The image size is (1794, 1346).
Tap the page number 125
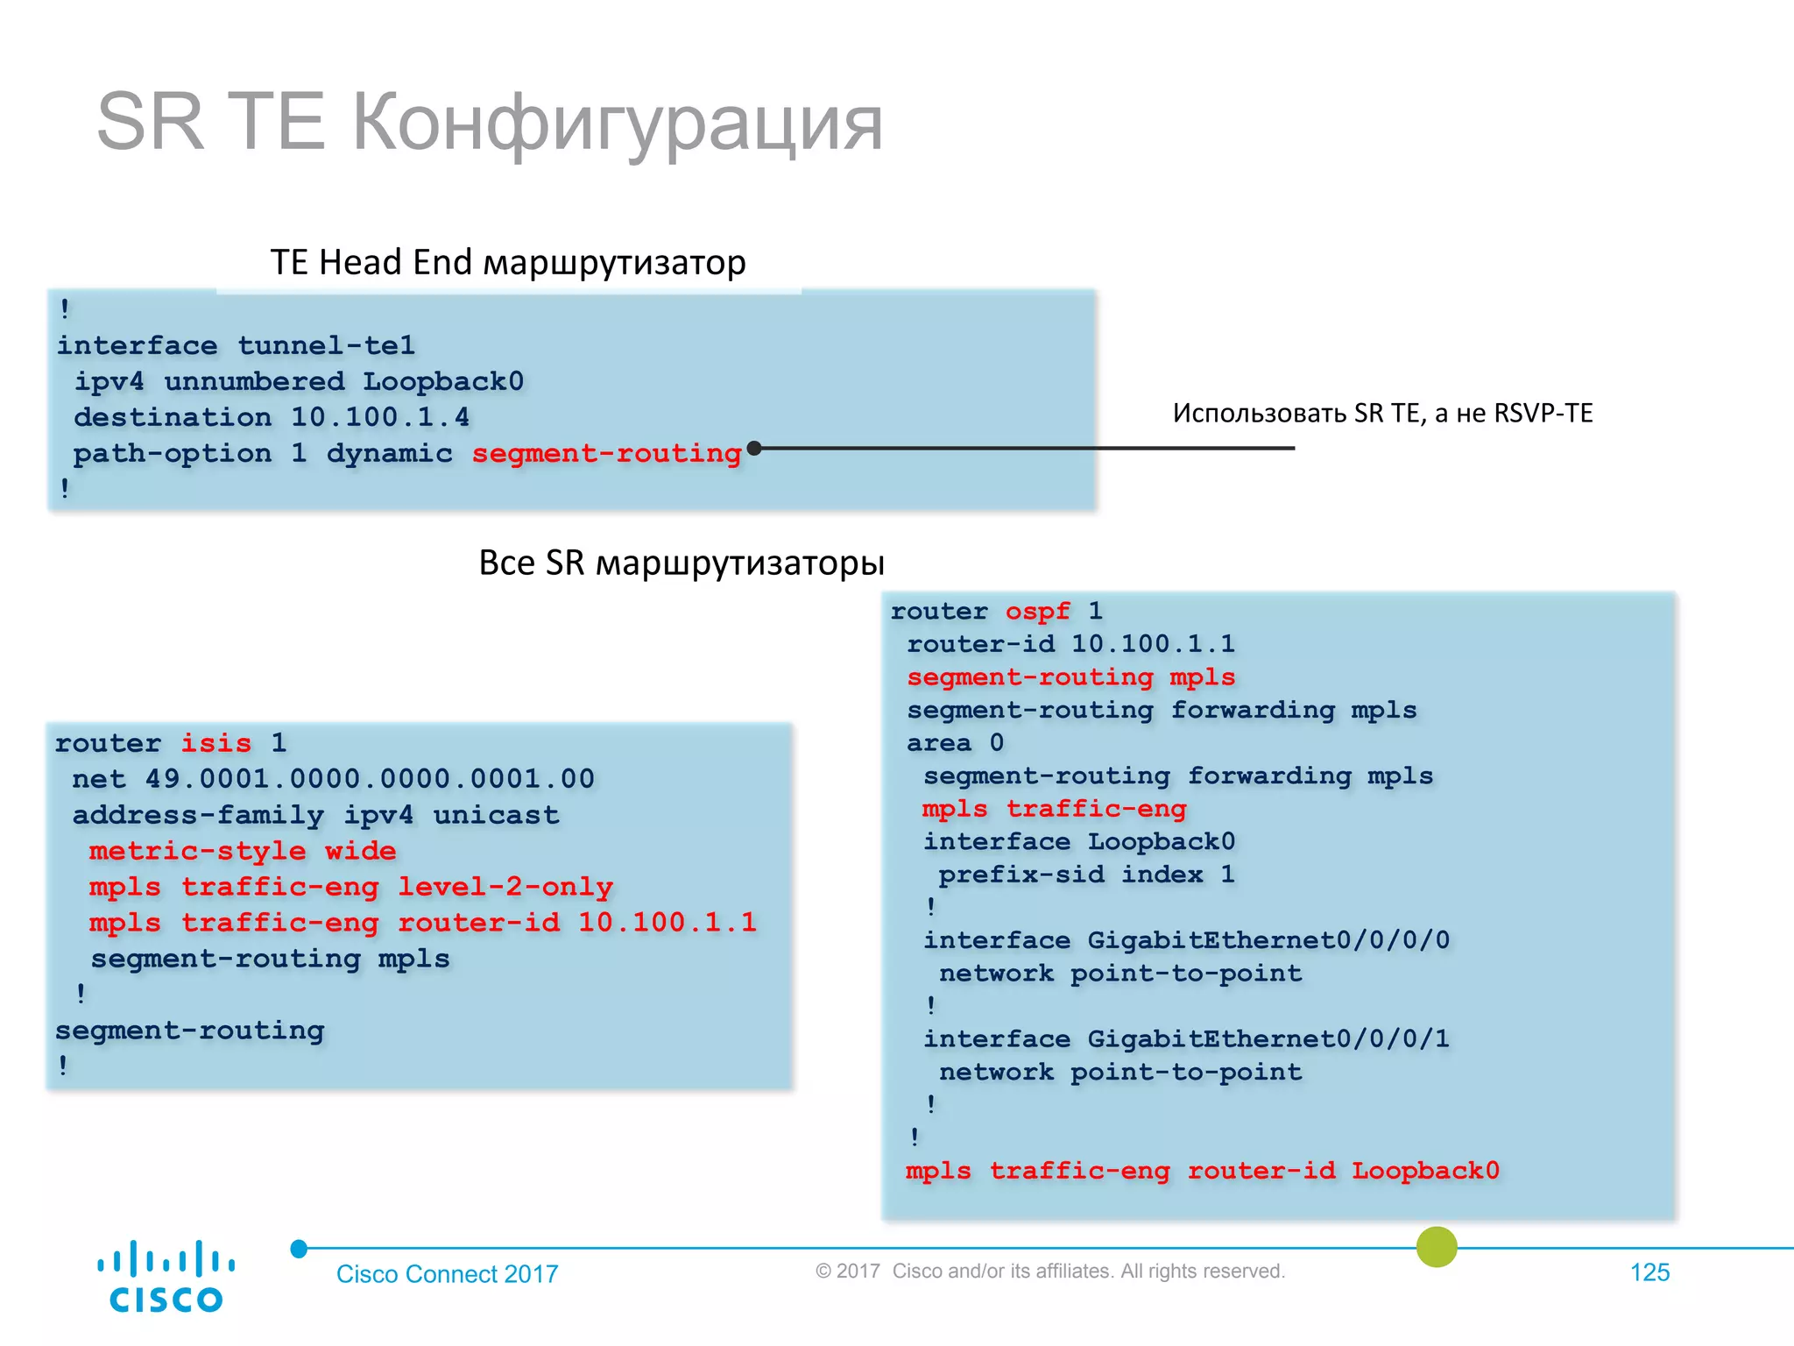click(1649, 1272)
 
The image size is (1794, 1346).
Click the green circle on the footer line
click(1437, 1246)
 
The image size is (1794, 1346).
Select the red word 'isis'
click(215, 743)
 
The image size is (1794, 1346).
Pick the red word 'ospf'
click(1037, 611)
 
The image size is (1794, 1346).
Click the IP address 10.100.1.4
click(380, 417)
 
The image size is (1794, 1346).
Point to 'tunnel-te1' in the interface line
click(326, 345)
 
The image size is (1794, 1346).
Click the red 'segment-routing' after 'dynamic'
click(606, 453)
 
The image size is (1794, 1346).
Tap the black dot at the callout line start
click(754, 448)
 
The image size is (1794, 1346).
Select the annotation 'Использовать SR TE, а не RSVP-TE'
click(1382, 413)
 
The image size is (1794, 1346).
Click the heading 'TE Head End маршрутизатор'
click(508, 262)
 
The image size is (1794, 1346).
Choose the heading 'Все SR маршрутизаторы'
click(682, 563)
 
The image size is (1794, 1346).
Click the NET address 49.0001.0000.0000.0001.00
click(370, 779)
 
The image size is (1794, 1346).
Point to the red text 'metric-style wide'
click(243, 851)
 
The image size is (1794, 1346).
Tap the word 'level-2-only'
click(505, 887)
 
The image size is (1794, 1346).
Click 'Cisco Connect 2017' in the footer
click(447, 1274)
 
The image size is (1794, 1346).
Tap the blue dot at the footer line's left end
click(299, 1249)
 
